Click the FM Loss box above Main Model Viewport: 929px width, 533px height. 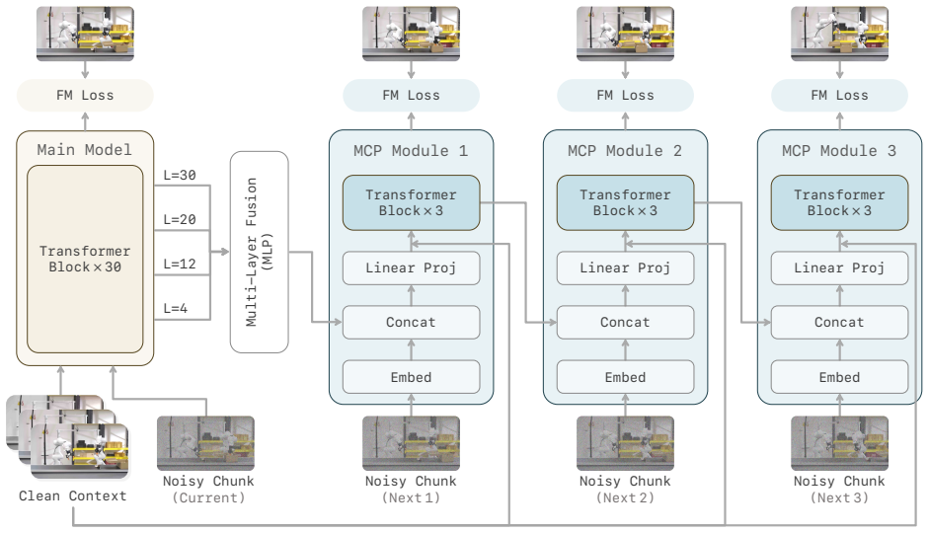coord(85,96)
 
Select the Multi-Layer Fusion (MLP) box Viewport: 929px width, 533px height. coord(260,252)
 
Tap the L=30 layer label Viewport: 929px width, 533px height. coord(180,176)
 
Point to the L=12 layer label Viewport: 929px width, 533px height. coord(180,265)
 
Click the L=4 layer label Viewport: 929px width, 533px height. coord(176,309)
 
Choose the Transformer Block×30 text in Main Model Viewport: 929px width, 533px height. coord(85,259)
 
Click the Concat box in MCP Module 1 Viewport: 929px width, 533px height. coord(411,322)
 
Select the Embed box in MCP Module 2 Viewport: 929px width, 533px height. coord(625,377)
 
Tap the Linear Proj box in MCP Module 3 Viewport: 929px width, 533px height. coord(839,268)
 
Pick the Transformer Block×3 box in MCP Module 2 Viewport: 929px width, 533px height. coord(625,202)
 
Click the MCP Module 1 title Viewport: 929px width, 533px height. coord(411,151)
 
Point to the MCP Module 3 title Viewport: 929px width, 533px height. coord(839,151)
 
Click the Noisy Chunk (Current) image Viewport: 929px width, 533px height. coord(205,443)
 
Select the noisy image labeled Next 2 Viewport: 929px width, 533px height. coord(625,443)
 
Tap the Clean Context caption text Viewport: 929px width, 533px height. coord(73,496)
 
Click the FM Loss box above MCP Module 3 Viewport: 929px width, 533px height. coord(839,96)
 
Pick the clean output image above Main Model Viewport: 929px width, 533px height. coord(85,34)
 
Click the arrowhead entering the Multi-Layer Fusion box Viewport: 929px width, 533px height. coord(224,252)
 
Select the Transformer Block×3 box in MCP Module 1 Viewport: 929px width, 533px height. coord(411,202)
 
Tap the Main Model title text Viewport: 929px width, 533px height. coord(85,150)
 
